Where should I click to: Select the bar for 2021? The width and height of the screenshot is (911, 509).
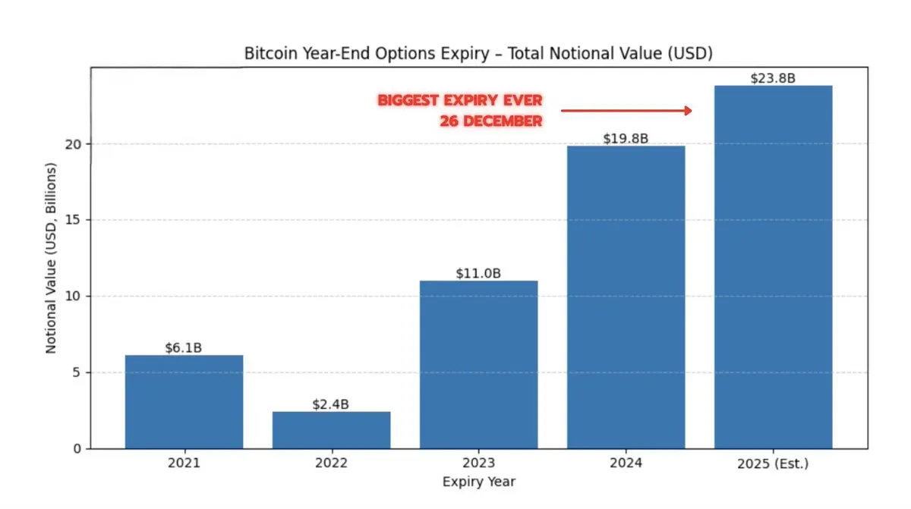(x=184, y=401)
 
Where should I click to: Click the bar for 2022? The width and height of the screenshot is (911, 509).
(x=331, y=429)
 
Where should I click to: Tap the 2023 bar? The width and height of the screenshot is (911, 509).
(x=478, y=364)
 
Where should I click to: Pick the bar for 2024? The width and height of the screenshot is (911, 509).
(x=626, y=297)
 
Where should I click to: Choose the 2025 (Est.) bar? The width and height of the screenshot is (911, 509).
(x=773, y=266)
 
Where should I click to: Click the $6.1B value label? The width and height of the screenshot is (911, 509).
(x=184, y=348)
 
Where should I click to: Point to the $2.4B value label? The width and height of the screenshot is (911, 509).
(x=331, y=404)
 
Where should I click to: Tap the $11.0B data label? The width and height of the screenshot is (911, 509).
(x=478, y=273)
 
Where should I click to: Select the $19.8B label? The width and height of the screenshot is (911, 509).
(x=626, y=139)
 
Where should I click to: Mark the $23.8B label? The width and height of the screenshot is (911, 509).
(x=773, y=78)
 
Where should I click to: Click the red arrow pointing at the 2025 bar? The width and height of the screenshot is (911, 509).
(x=626, y=111)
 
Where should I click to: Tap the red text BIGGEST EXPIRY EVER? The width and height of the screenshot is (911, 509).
(x=460, y=101)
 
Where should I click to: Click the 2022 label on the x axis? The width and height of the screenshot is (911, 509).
(x=331, y=463)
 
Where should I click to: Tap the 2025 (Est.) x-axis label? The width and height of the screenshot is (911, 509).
(x=773, y=463)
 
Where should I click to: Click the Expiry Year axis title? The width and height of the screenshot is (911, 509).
(x=478, y=481)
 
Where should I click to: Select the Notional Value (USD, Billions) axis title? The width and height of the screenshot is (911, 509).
(x=52, y=257)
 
